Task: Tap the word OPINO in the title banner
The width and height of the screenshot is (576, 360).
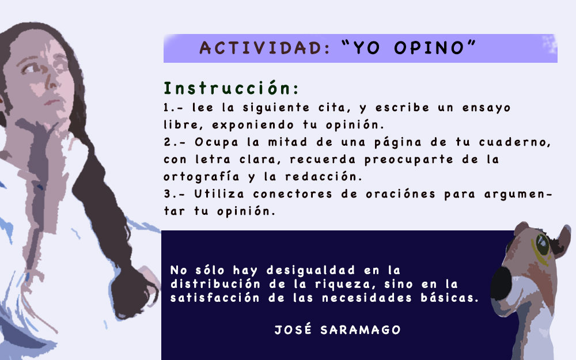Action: coord(429,48)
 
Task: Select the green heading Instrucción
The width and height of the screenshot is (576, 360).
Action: coord(231,88)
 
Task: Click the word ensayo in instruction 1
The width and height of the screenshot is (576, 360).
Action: coord(486,108)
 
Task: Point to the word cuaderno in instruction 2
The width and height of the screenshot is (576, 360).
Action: coord(514,142)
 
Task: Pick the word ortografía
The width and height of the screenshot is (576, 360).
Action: coord(202,177)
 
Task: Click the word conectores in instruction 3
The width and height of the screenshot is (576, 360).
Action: coord(293,194)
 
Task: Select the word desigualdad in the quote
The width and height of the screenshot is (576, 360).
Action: coord(311,270)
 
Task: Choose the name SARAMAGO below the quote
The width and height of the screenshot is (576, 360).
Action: coord(361,330)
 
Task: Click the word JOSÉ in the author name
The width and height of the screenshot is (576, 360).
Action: coord(293,329)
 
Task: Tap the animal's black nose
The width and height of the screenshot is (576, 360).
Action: coord(502,283)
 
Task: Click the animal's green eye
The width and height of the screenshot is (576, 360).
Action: coord(542,244)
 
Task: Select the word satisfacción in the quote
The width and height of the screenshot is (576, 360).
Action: coord(215,298)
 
